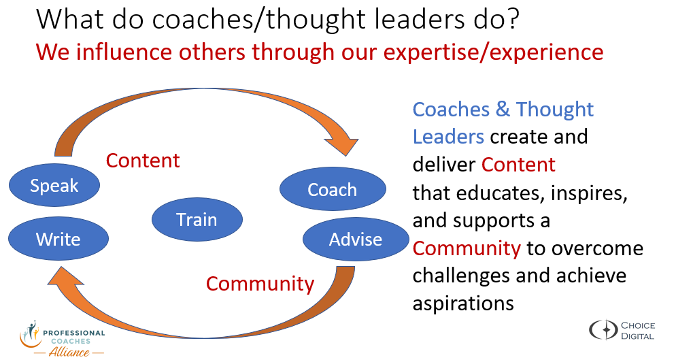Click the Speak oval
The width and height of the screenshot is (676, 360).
pyautogui.click(x=54, y=185)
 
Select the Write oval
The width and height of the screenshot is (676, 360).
pyautogui.click(x=58, y=239)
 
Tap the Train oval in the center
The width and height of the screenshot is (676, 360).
pyautogui.click(x=197, y=219)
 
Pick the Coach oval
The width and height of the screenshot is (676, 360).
pyautogui.click(x=333, y=189)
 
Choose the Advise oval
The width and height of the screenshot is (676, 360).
pyautogui.click(x=356, y=239)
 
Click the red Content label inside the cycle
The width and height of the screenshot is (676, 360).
pyautogui.click(x=143, y=161)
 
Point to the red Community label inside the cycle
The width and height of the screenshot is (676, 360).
pyautogui.click(x=260, y=284)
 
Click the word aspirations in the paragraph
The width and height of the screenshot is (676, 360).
pyautogui.click(x=463, y=304)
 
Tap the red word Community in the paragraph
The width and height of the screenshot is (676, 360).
pyautogui.click(x=467, y=248)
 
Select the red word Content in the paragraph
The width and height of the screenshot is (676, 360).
pyautogui.click(x=518, y=165)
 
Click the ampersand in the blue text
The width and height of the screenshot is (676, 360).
pyautogui.click(x=503, y=110)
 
